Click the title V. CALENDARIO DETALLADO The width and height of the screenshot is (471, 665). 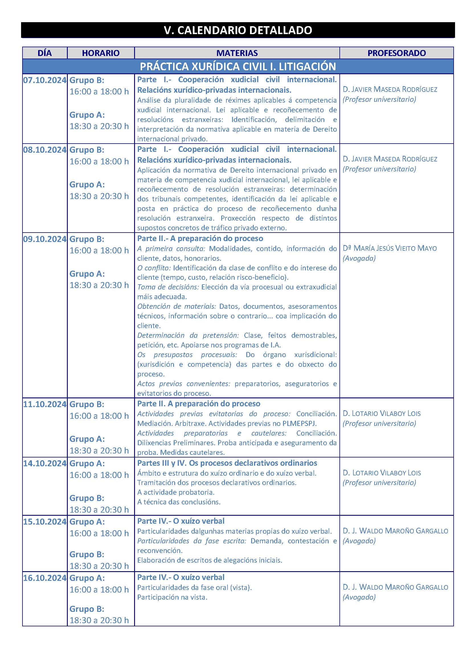pos(237,30)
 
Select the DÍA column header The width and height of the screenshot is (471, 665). pos(45,53)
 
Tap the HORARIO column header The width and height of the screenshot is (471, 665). pos(101,53)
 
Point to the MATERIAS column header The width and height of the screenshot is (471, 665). pos(237,53)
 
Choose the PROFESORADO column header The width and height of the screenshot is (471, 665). pos(396,53)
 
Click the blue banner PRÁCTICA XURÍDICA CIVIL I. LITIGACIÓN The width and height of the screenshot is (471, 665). pos(237,67)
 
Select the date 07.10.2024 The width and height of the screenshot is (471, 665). pos(45,80)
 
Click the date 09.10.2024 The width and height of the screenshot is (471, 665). pos(45,239)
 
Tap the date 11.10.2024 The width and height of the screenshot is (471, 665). pos(45,404)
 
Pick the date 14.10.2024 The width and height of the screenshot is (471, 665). pos(45,463)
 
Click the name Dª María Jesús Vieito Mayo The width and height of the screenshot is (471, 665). pos(390,248)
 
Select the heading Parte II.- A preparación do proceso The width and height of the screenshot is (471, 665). pos(200,238)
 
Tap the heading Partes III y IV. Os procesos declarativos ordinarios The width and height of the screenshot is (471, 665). pos(227,463)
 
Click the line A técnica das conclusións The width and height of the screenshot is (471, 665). pos(179,502)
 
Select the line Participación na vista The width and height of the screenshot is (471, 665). pos(172,597)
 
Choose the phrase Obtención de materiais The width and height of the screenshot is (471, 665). pos(176,306)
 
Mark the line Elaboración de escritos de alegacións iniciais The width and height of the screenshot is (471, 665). pos(209,560)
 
